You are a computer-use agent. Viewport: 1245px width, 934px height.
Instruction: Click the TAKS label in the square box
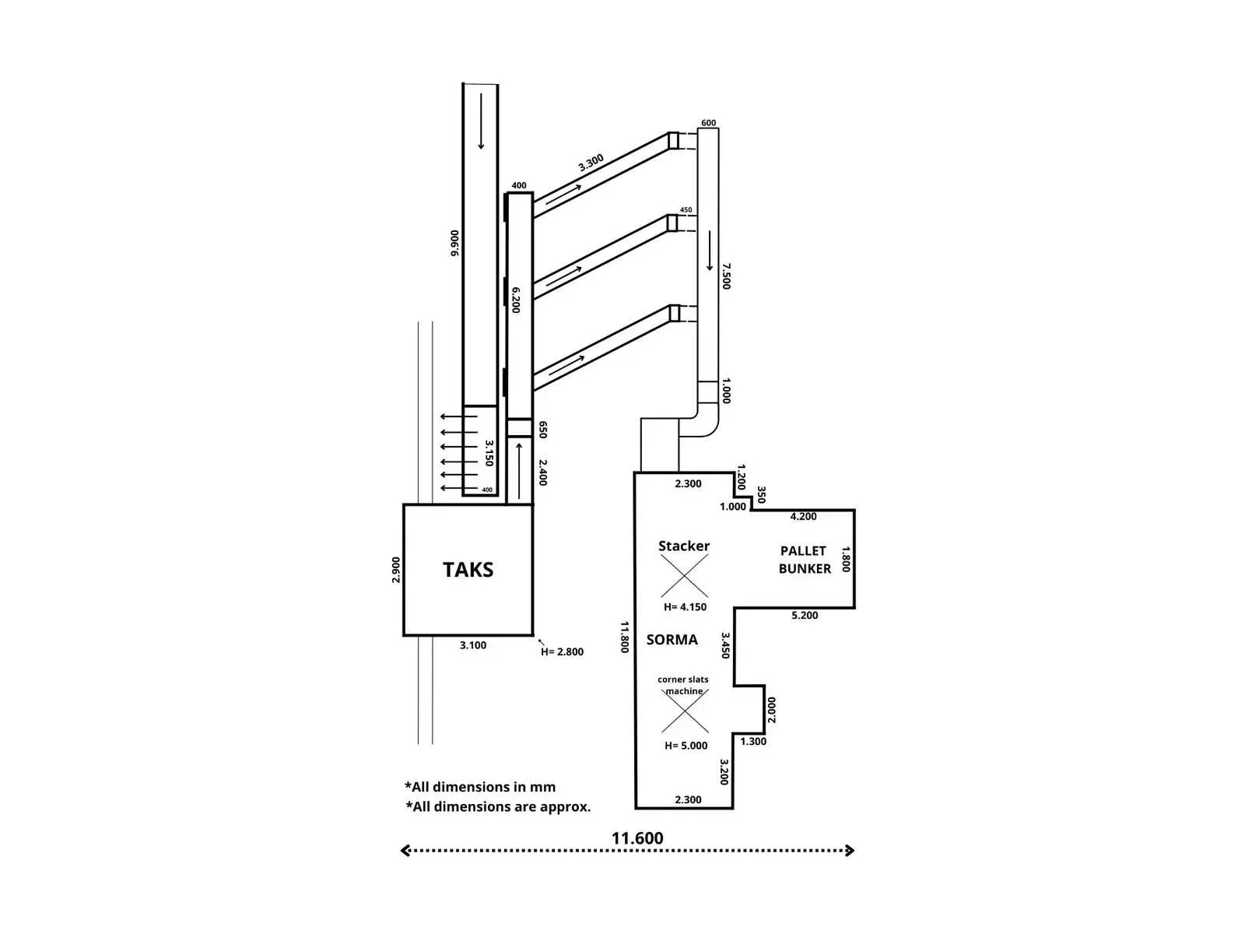[468, 570]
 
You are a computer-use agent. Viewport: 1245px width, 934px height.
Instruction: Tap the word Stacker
[683, 546]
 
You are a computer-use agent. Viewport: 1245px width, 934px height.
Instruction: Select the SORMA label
[672, 640]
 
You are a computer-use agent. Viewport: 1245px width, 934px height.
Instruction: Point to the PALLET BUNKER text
[805, 560]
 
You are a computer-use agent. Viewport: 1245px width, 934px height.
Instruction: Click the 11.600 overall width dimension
[637, 838]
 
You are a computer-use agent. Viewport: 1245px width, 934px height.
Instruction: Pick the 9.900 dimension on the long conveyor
[455, 243]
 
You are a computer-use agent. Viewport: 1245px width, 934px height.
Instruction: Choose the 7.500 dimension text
[726, 276]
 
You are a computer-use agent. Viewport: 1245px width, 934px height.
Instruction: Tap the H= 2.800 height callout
[562, 652]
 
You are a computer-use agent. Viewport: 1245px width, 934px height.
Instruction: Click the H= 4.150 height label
[686, 607]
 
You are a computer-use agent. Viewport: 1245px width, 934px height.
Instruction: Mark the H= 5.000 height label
[686, 746]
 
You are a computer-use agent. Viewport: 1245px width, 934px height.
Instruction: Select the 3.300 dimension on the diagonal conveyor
[591, 163]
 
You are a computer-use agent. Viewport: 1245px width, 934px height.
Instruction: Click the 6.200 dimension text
[516, 300]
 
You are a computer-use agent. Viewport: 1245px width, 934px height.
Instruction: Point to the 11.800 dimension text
[625, 637]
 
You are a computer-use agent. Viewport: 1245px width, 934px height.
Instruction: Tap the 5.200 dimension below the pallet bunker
[805, 616]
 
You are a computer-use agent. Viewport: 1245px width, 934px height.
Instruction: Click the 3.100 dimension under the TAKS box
[473, 644]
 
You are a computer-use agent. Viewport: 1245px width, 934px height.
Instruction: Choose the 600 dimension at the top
[708, 122]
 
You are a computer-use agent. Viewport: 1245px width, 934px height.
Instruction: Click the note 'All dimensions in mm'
[480, 787]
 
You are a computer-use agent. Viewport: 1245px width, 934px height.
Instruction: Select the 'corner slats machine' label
[683, 685]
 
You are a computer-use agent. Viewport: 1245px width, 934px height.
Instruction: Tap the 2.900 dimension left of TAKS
[396, 570]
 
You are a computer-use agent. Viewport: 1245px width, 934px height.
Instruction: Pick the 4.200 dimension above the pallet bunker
[803, 517]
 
